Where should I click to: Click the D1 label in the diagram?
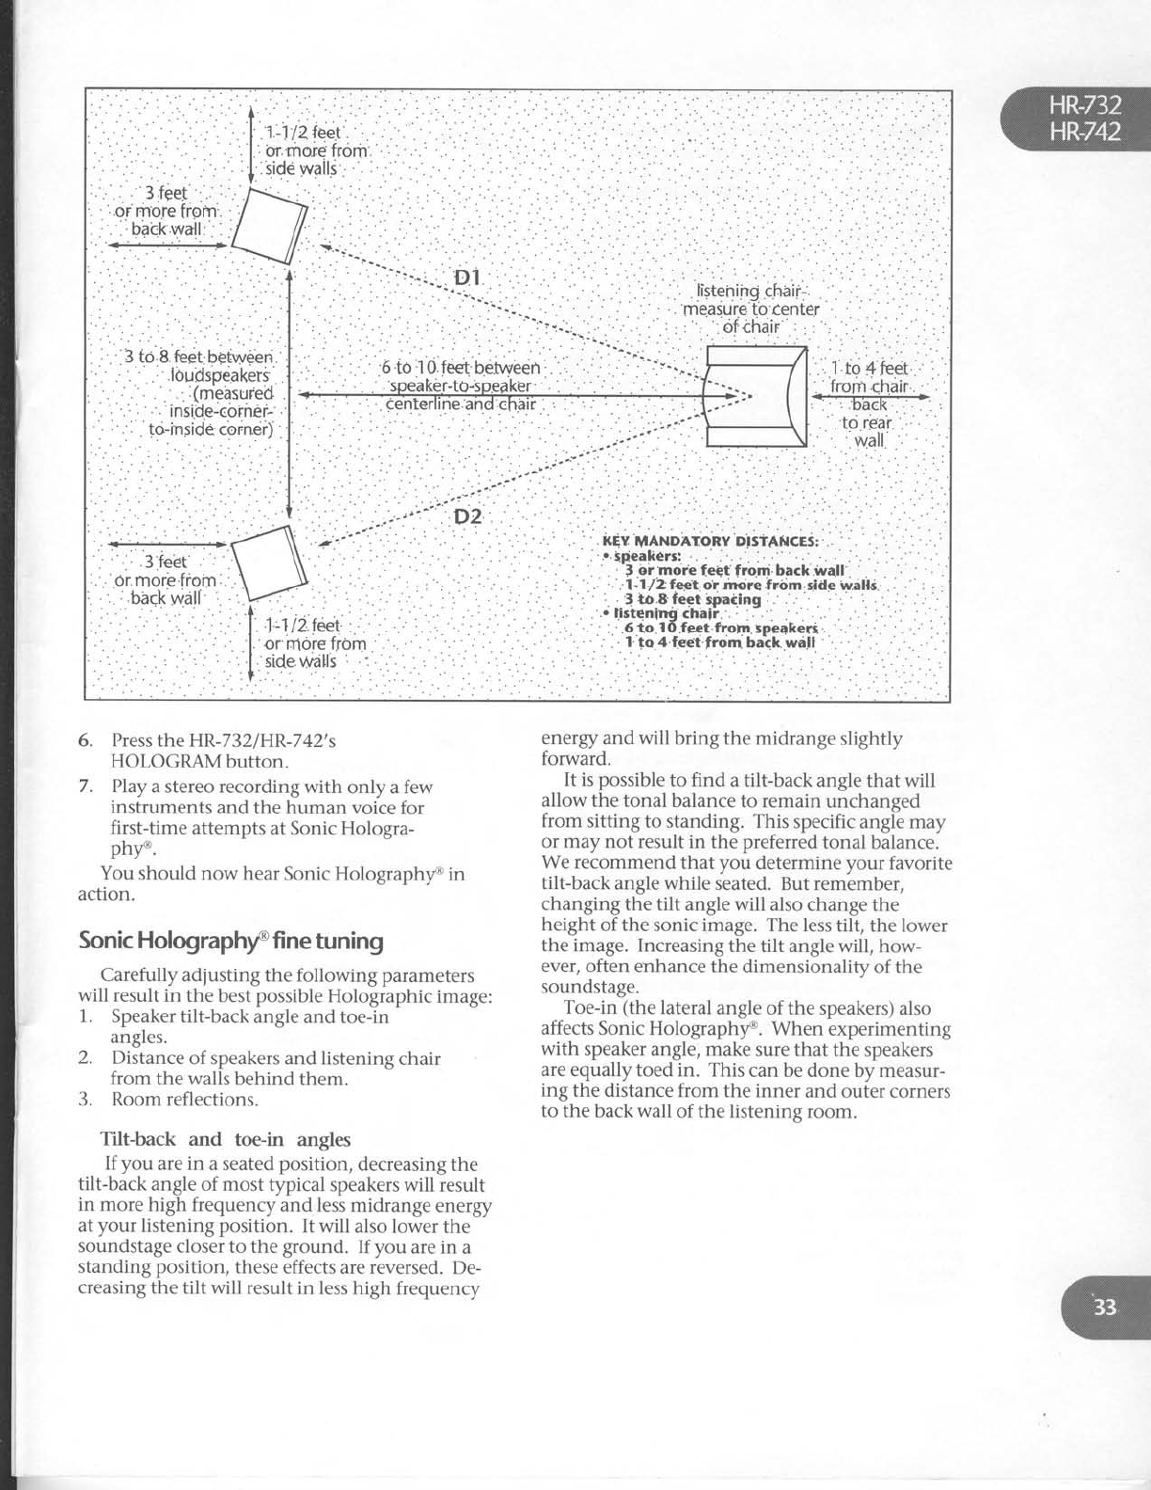coord(467,277)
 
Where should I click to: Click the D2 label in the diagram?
coord(467,516)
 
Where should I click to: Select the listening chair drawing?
coord(757,396)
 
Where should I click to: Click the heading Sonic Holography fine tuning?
coord(230,941)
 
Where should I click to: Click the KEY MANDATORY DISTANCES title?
coord(710,542)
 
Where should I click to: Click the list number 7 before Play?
coord(84,786)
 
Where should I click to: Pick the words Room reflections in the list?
coord(184,1099)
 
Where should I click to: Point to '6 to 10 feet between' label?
coord(461,369)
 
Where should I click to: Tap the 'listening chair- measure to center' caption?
coord(750,309)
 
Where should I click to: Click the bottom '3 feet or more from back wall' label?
coord(166,580)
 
